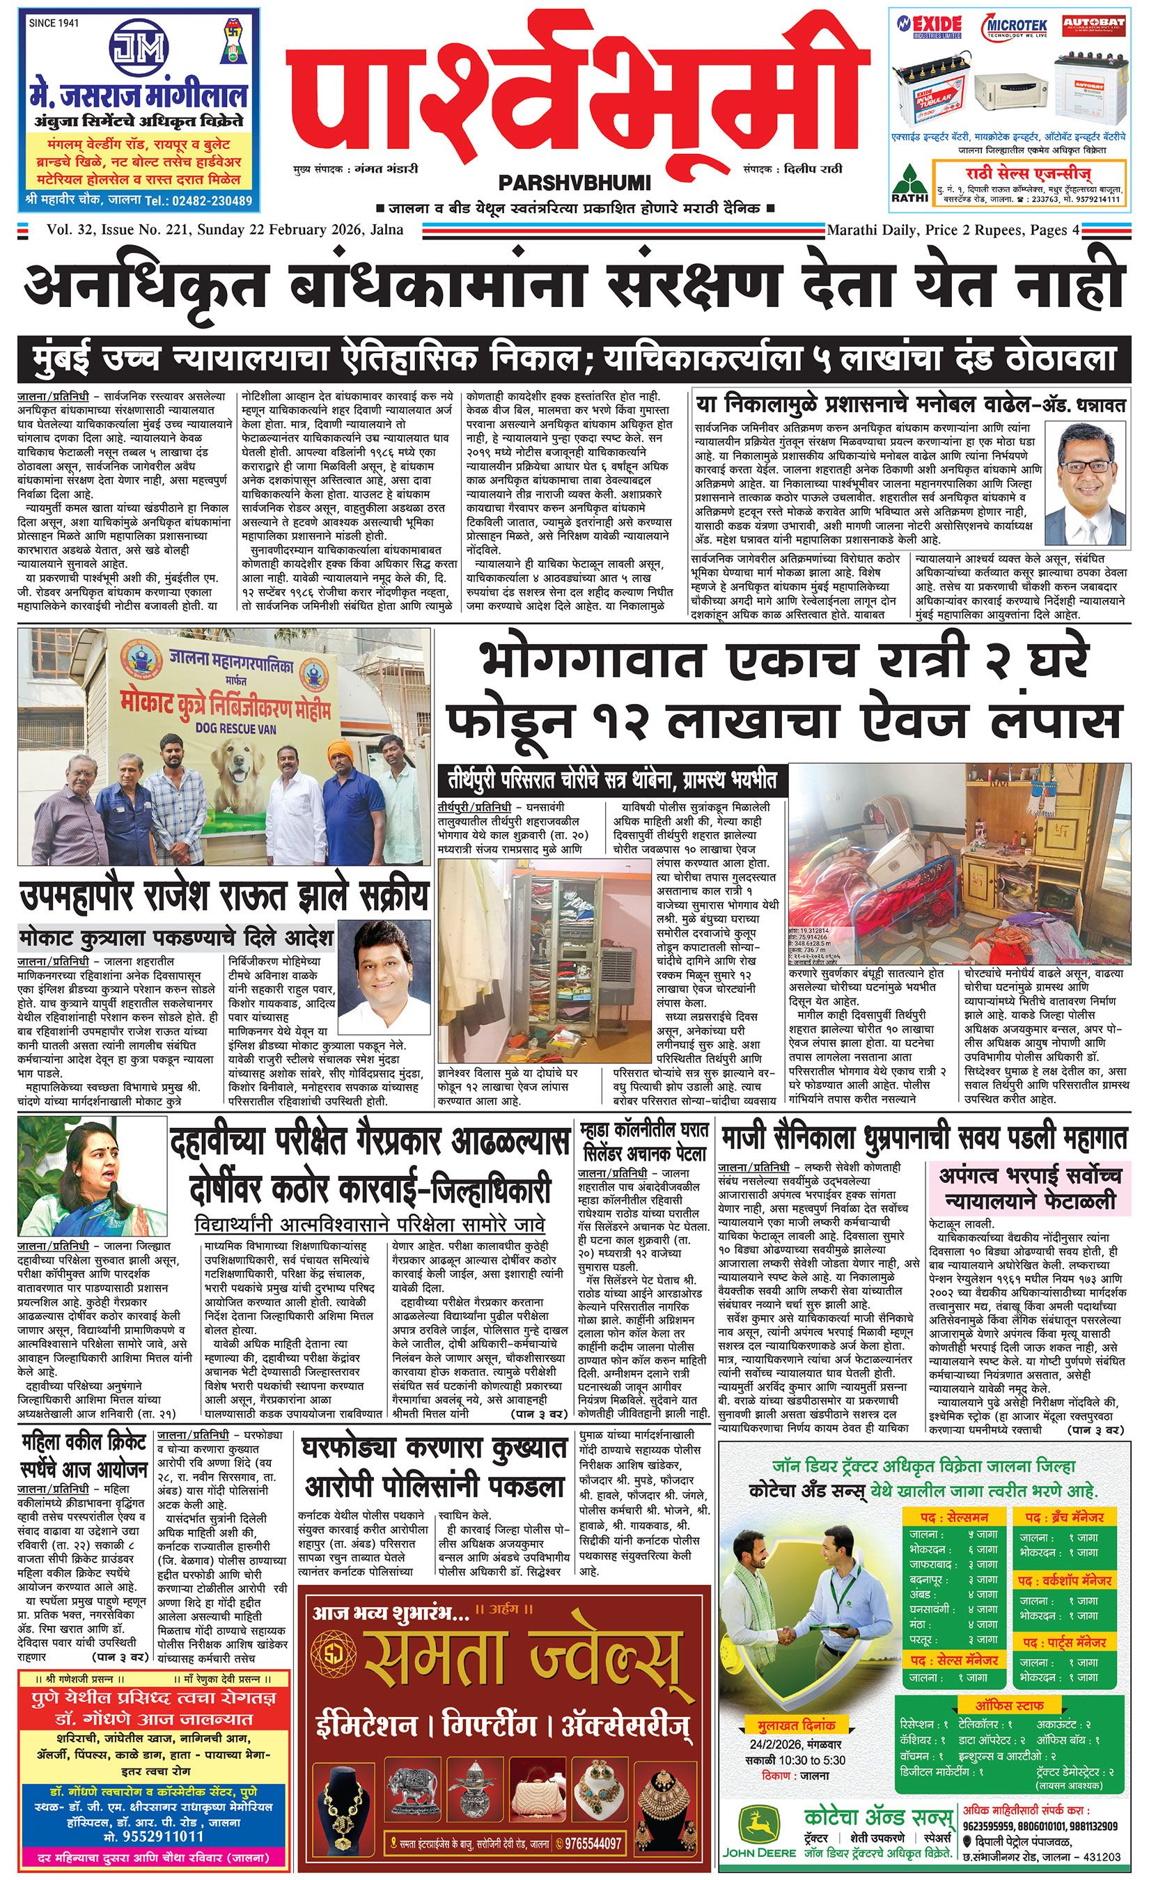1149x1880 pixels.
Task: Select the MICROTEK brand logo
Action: click(1013, 25)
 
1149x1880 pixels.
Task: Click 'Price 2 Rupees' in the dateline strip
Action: click(973, 230)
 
